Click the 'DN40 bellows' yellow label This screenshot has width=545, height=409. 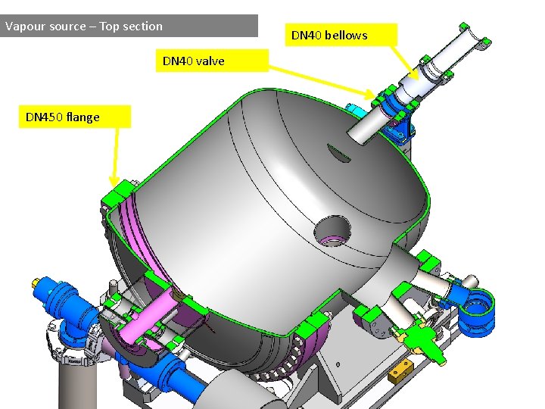341,34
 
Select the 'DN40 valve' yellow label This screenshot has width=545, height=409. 212,61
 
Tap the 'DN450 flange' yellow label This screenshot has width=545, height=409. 75,117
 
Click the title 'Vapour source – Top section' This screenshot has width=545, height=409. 84,26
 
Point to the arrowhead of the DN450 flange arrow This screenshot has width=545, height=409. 114,182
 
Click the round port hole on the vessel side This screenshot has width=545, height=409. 332,230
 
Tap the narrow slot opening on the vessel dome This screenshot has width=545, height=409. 338,153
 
